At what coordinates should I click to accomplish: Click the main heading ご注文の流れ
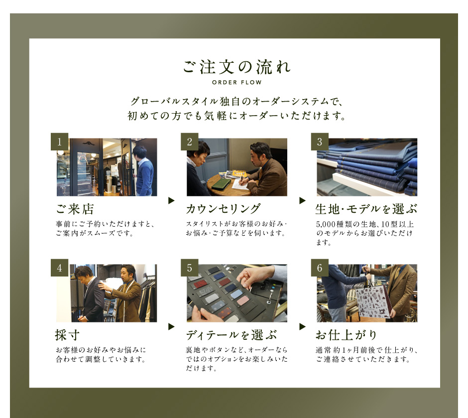pos(236,67)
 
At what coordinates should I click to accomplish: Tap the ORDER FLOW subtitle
pos(236,82)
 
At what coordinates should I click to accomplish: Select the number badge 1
pos(59,141)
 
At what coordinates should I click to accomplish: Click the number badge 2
pos(190,141)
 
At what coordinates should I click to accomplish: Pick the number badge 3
pos(320,141)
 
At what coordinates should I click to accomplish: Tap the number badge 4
pos(59,268)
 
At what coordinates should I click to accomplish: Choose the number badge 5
pos(190,268)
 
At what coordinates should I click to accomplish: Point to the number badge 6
pos(320,268)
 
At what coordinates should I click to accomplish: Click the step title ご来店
pos(75,209)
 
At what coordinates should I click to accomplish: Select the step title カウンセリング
pos(223,209)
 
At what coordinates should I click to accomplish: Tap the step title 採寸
pos(67,335)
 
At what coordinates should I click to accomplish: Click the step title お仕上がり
pos(346,335)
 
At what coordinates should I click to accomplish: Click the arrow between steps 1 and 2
pos(171,200)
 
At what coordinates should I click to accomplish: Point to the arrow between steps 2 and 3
pos(302,200)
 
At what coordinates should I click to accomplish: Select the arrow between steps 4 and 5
pos(171,326)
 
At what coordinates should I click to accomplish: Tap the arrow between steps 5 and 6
pos(302,326)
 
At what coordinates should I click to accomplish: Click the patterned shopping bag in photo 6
pos(373,301)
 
